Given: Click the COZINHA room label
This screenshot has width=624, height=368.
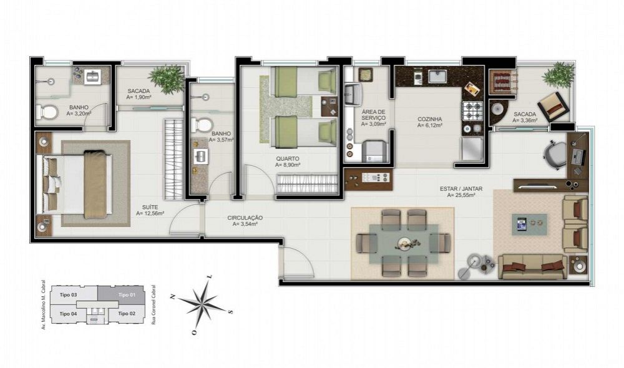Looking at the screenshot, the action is [x=429, y=119].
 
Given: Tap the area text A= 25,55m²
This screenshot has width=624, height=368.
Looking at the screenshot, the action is [x=461, y=195].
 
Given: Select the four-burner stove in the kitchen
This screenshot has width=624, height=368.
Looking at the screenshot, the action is [x=472, y=111].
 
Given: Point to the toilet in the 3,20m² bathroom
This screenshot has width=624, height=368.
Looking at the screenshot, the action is [x=47, y=112].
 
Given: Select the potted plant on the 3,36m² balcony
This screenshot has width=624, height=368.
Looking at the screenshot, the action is [x=559, y=75].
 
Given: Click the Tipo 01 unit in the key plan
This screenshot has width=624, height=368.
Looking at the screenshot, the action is [x=127, y=295].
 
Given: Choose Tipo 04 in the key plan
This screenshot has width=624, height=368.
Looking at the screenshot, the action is [x=68, y=314].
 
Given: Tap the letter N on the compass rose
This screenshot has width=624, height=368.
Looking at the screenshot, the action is [x=173, y=296].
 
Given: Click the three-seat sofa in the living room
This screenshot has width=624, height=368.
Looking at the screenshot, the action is [x=533, y=266].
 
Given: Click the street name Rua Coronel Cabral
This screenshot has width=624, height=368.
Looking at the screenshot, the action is [x=154, y=305].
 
